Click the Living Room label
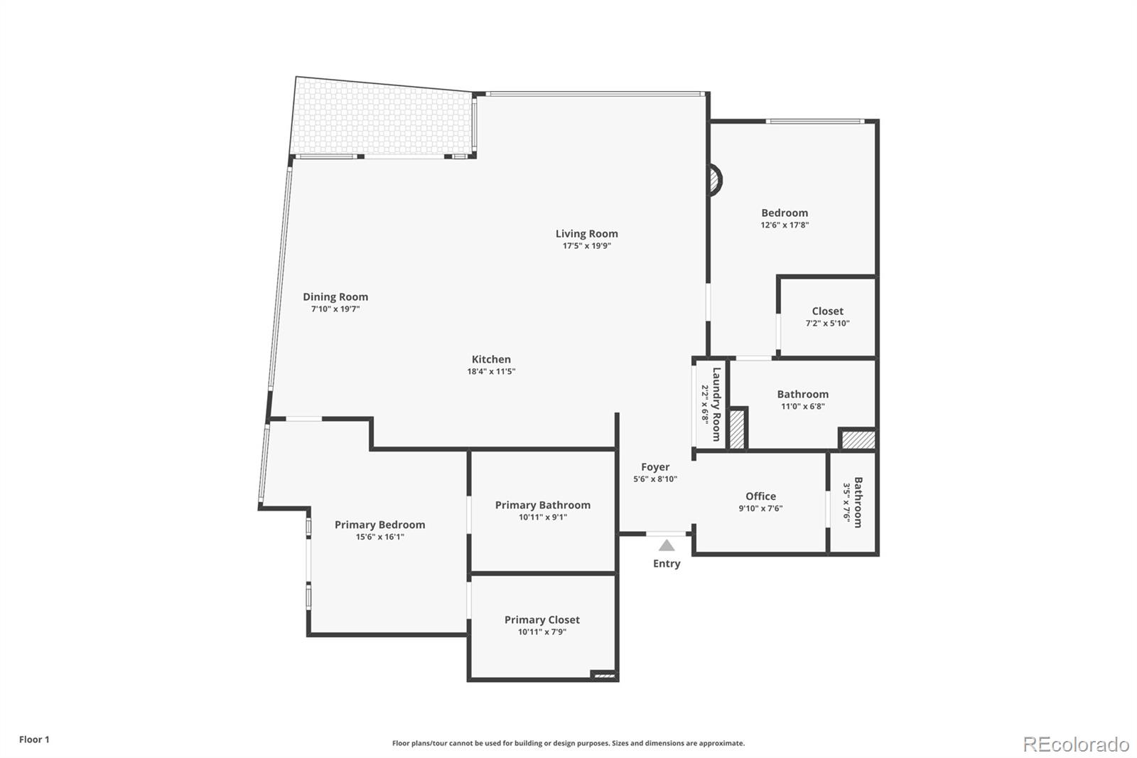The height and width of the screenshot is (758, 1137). (x=586, y=234)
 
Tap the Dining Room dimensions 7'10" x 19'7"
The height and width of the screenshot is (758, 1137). (x=335, y=309)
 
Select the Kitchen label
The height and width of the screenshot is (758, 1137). (x=491, y=360)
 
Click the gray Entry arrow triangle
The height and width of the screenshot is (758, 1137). (x=667, y=545)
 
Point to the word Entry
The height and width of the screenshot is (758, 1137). (x=667, y=564)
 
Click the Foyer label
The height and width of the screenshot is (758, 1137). (x=655, y=467)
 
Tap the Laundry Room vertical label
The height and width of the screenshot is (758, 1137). (x=716, y=405)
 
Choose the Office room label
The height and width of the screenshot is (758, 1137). (x=760, y=496)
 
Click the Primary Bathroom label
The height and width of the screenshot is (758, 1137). (x=542, y=505)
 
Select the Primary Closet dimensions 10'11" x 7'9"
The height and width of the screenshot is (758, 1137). (x=542, y=632)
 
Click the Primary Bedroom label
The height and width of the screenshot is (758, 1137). (x=379, y=525)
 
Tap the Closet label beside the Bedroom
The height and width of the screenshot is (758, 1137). (x=827, y=311)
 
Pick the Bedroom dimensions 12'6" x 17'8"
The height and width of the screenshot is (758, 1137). (x=785, y=225)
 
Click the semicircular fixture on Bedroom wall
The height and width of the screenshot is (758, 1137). (x=716, y=179)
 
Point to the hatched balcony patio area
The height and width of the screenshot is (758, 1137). (x=384, y=117)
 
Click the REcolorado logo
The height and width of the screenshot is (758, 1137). (x=1076, y=744)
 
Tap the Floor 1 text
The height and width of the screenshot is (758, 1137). (x=34, y=740)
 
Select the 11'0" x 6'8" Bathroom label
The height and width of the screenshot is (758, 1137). (x=802, y=395)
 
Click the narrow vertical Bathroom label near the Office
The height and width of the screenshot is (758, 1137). (x=858, y=502)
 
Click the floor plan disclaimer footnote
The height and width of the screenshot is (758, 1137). (x=568, y=743)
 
